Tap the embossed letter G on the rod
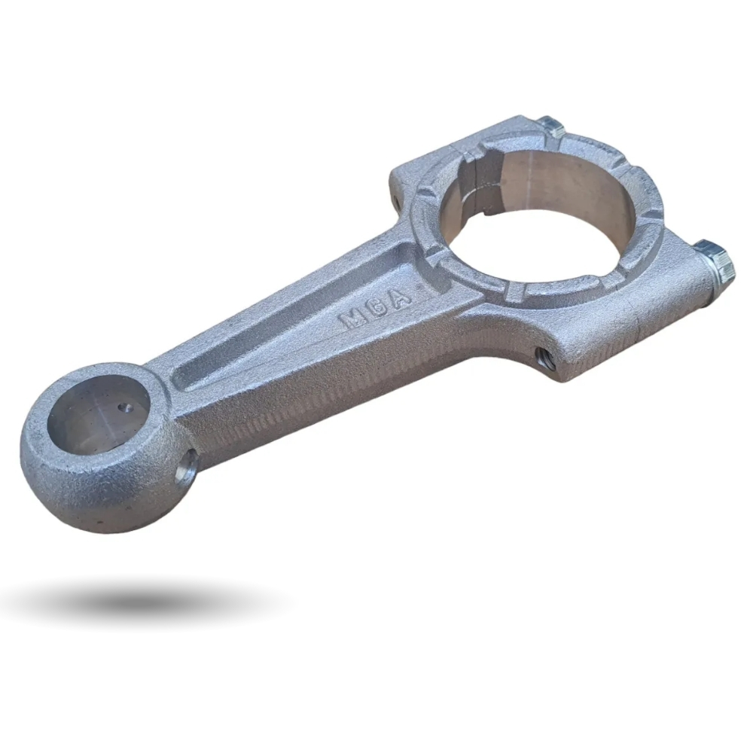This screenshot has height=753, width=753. click(377, 308)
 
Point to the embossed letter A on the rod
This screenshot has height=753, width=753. click(399, 297)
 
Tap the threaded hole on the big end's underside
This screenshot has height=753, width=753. click(544, 358)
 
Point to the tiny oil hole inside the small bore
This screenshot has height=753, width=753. click(127, 408)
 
